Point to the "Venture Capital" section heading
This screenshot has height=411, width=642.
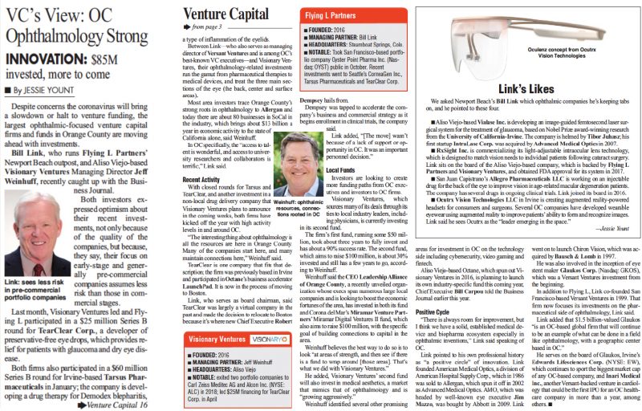(x=226, y=14)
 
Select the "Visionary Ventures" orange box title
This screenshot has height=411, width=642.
(x=224, y=340)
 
